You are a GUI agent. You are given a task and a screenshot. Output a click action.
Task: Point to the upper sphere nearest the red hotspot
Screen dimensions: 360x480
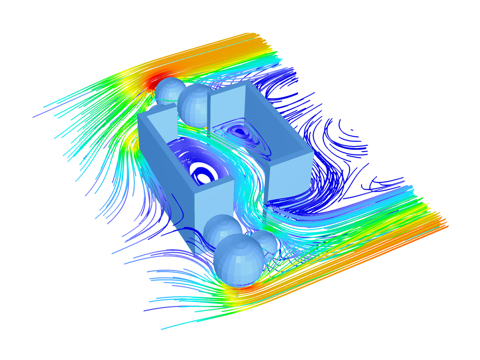point(170,91)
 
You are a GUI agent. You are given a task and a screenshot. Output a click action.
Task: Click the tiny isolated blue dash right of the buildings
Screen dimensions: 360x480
point(352,130)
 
